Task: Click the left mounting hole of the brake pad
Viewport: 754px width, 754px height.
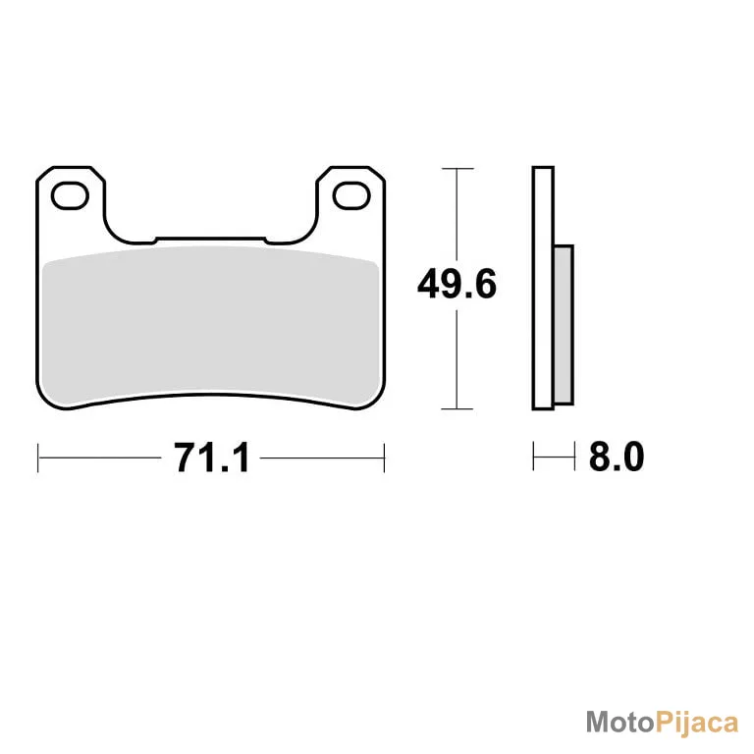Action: (70, 195)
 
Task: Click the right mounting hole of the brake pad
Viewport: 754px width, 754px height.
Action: (351, 195)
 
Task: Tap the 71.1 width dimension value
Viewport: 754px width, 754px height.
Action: (212, 458)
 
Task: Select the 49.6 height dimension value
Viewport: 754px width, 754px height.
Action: (457, 285)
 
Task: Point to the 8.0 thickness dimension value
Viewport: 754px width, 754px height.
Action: (617, 457)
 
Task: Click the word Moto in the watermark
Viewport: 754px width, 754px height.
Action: (620, 723)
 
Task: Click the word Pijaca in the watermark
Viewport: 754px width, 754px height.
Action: (697, 724)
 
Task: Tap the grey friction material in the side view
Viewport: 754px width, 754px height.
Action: (564, 325)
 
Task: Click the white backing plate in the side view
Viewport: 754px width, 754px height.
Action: (543, 288)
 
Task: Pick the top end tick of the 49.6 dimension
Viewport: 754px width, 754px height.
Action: (458, 169)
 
